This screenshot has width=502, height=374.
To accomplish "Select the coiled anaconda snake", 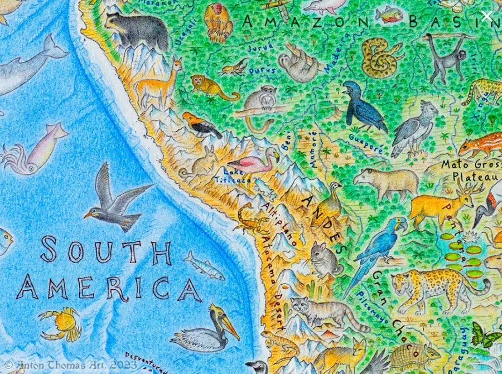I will (382, 57).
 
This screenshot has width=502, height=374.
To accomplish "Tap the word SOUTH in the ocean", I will (105, 251).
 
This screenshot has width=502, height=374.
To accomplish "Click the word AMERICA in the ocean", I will (109, 288).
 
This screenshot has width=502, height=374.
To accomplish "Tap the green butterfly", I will (484, 336).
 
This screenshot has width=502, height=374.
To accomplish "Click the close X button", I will (486, 16).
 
